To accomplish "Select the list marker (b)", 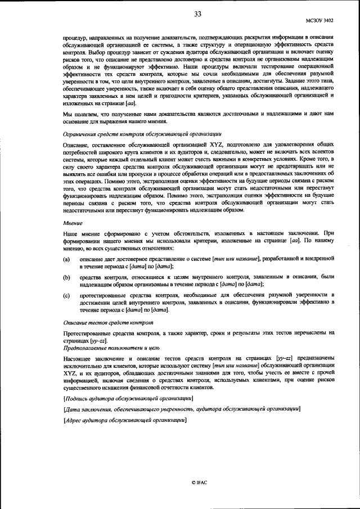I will pyautogui.click(x=66, y=277).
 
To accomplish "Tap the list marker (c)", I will pyautogui.click(x=66, y=295).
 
